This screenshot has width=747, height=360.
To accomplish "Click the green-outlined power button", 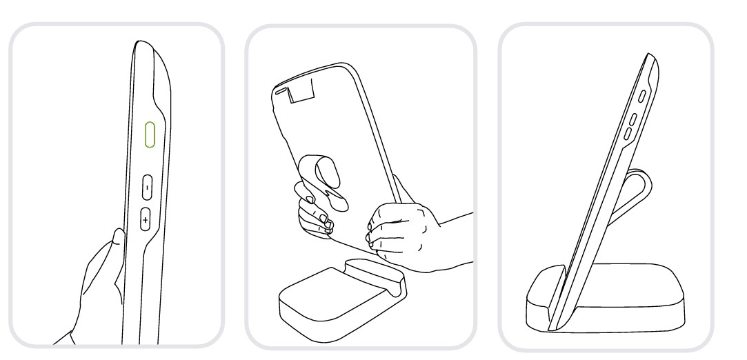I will [149, 134].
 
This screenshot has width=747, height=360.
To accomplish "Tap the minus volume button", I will [147, 186].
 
